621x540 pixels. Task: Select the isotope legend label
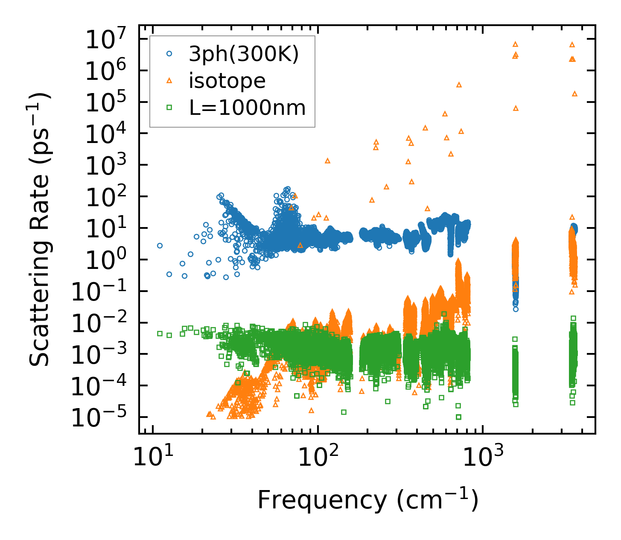pyautogui.click(x=227, y=81)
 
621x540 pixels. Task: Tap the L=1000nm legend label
pyautogui.click(x=248, y=108)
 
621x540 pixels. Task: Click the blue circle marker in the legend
pyautogui.click(x=169, y=54)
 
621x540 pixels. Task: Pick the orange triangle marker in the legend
pyautogui.click(x=169, y=80)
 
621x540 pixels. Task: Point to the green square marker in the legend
pyautogui.click(x=169, y=108)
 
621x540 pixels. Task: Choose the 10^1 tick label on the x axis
pyautogui.click(x=152, y=458)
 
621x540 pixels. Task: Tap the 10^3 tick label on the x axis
pyautogui.click(x=482, y=458)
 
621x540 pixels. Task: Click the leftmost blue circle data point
pyautogui.click(x=160, y=245)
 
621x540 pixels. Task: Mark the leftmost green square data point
pyautogui.click(x=160, y=333)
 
